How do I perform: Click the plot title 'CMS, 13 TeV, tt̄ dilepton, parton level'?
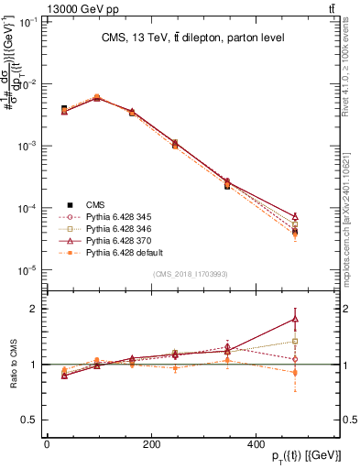tap(191, 38)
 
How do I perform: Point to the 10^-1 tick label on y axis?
tap(28, 22)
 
